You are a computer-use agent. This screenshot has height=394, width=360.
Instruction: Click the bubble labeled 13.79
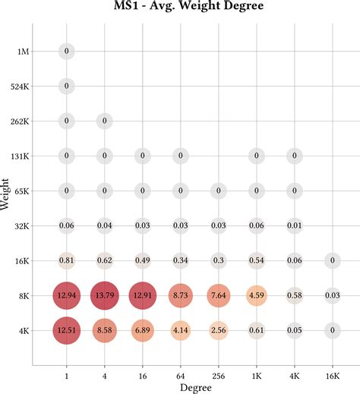[x=105, y=295]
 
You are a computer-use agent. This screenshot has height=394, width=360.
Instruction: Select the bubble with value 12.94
[x=67, y=295]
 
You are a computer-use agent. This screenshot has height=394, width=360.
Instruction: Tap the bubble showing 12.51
[x=67, y=330]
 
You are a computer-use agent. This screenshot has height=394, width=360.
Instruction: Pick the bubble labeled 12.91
[x=143, y=295]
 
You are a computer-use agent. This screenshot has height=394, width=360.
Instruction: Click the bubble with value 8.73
[x=181, y=295]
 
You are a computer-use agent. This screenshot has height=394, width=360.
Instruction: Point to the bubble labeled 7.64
[x=219, y=295]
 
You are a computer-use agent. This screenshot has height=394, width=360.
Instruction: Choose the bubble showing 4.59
[x=257, y=295]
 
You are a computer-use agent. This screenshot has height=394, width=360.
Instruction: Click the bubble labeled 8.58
[x=105, y=330]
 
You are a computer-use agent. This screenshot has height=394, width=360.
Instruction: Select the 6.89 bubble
[x=143, y=330]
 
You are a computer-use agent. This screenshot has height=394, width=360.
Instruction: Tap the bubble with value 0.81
[x=67, y=260]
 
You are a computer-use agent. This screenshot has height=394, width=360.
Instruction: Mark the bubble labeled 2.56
[x=219, y=330]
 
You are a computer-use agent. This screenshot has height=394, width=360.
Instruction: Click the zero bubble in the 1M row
[x=67, y=51]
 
